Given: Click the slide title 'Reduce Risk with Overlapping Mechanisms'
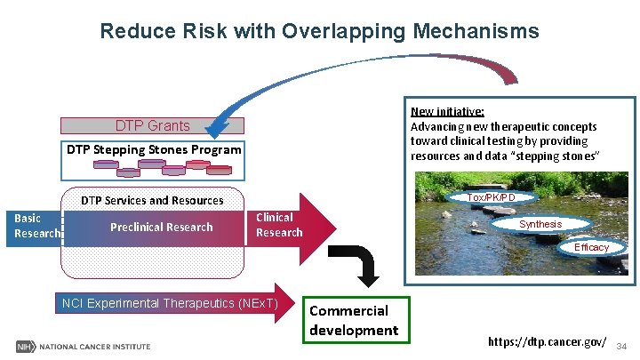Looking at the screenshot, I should click(319, 32).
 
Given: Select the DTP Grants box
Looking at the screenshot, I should click(152, 126).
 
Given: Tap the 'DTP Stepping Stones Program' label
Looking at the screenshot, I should click(154, 149).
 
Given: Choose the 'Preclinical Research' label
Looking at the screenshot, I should click(161, 227).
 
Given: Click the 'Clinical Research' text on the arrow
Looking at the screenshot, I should click(278, 224).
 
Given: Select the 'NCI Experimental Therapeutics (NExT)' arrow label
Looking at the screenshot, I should click(169, 304).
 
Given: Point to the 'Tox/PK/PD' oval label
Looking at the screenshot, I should click(491, 196).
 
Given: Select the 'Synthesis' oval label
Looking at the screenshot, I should click(540, 224).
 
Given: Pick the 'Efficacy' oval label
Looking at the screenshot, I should click(591, 247).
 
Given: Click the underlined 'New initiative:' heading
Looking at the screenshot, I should click(447, 112).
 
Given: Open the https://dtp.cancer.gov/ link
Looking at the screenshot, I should click(548, 342).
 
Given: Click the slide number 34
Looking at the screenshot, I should click(621, 345).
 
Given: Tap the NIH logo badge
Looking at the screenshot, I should click(24, 346).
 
